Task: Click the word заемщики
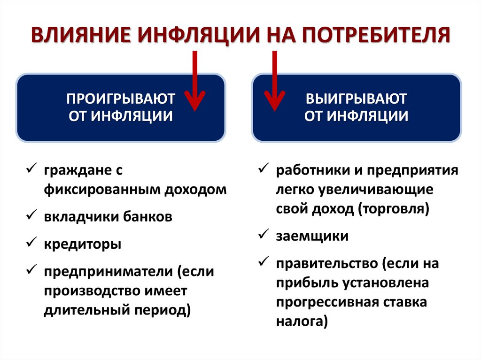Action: point(312,236)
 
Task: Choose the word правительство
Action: point(327,264)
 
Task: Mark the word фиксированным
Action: point(103,190)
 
